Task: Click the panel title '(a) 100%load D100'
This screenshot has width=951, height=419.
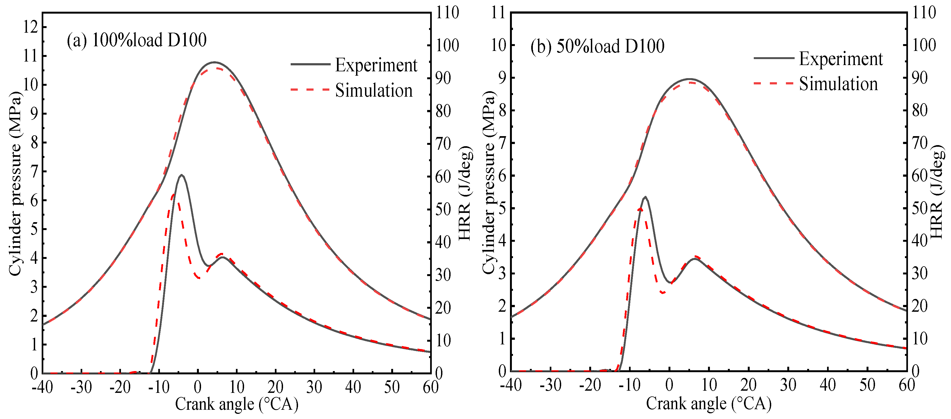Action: (136, 40)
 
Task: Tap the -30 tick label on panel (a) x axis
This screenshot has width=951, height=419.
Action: (81, 387)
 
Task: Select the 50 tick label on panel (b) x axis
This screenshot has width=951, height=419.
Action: (867, 385)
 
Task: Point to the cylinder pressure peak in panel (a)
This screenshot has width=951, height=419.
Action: (214, 62)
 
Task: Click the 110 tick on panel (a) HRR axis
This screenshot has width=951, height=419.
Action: (447, 13)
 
